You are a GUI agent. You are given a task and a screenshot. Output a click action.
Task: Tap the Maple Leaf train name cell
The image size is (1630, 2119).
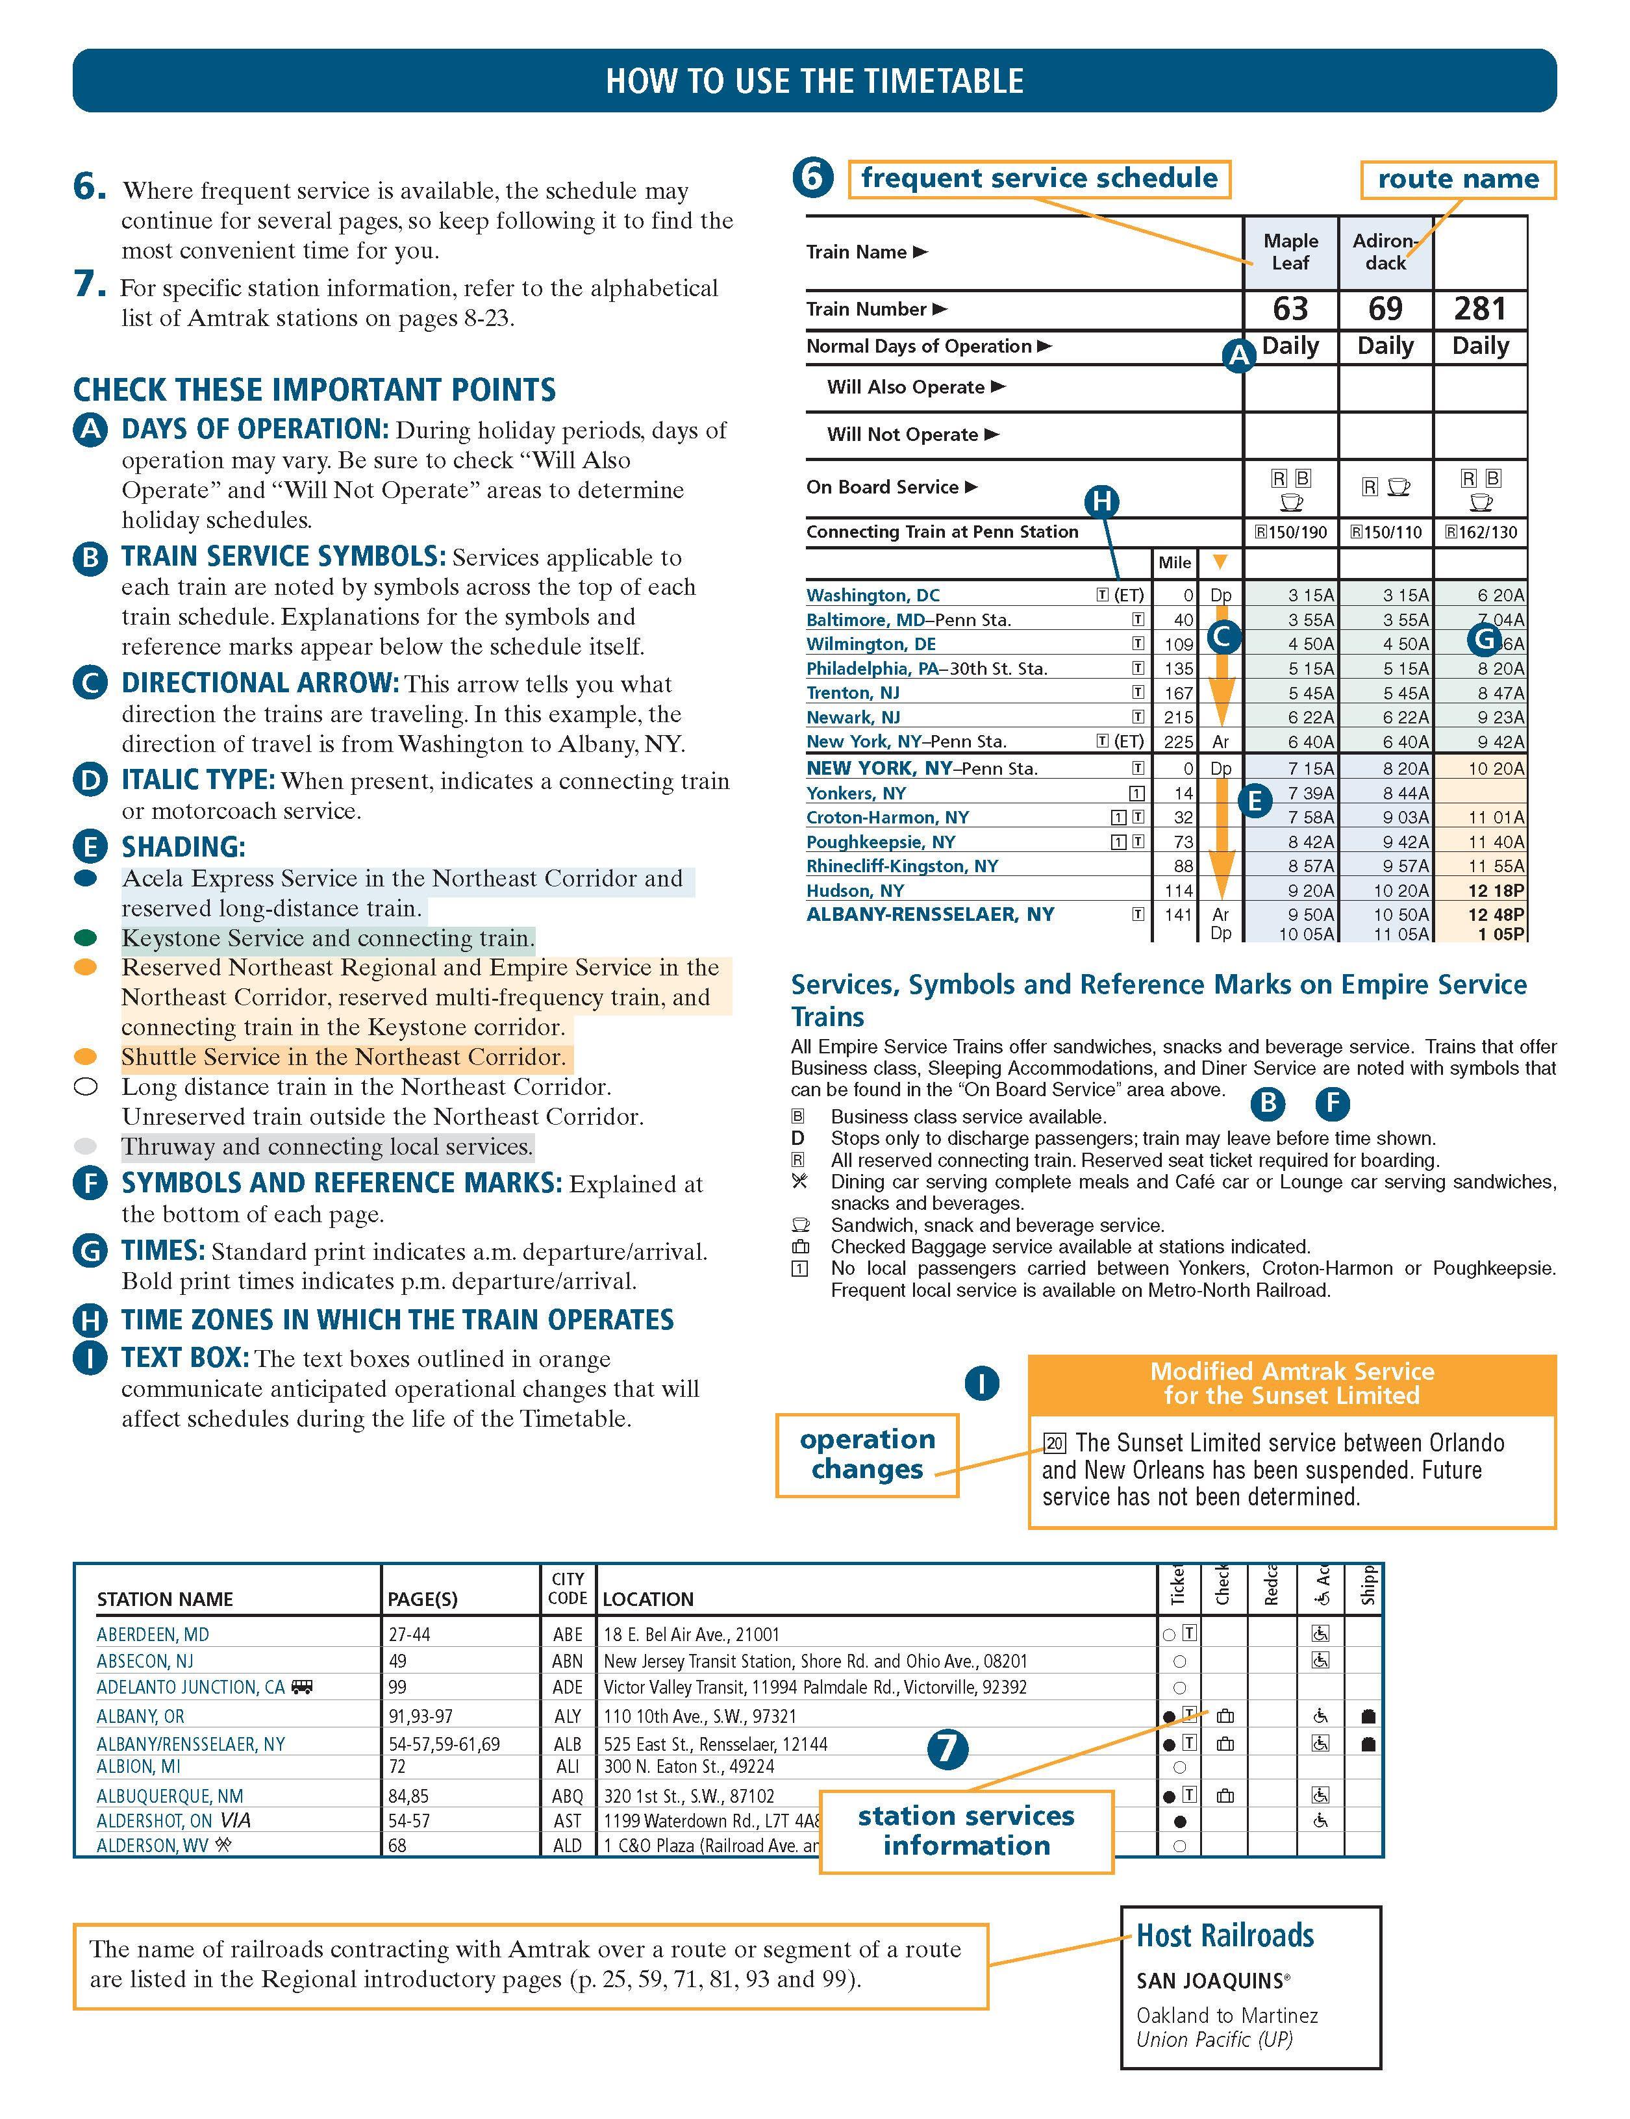[x=1290, y=251]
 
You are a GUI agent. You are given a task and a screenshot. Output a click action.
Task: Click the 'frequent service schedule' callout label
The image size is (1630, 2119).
[x=1039, y=179]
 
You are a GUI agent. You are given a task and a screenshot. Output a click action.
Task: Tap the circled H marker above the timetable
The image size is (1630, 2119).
[x=1101, y=501]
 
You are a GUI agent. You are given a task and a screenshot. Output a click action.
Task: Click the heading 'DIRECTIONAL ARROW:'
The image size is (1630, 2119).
[x=260, y=683]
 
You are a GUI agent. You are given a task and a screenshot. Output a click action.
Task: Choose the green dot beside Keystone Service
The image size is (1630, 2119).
[x=85, y=938]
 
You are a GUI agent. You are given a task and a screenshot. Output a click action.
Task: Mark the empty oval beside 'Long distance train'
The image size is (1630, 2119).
[x=85, y=1086]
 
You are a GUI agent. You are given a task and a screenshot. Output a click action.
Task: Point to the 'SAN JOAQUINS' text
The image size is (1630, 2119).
[x=1213, y=1980]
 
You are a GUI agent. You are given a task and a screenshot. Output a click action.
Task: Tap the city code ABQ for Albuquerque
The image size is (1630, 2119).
[x=568, y=1796]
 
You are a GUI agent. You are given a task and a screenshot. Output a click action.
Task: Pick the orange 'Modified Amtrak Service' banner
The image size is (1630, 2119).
[x=1292, y=1384]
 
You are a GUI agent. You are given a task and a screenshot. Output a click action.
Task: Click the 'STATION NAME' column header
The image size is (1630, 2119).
[x=165, y=1599]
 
